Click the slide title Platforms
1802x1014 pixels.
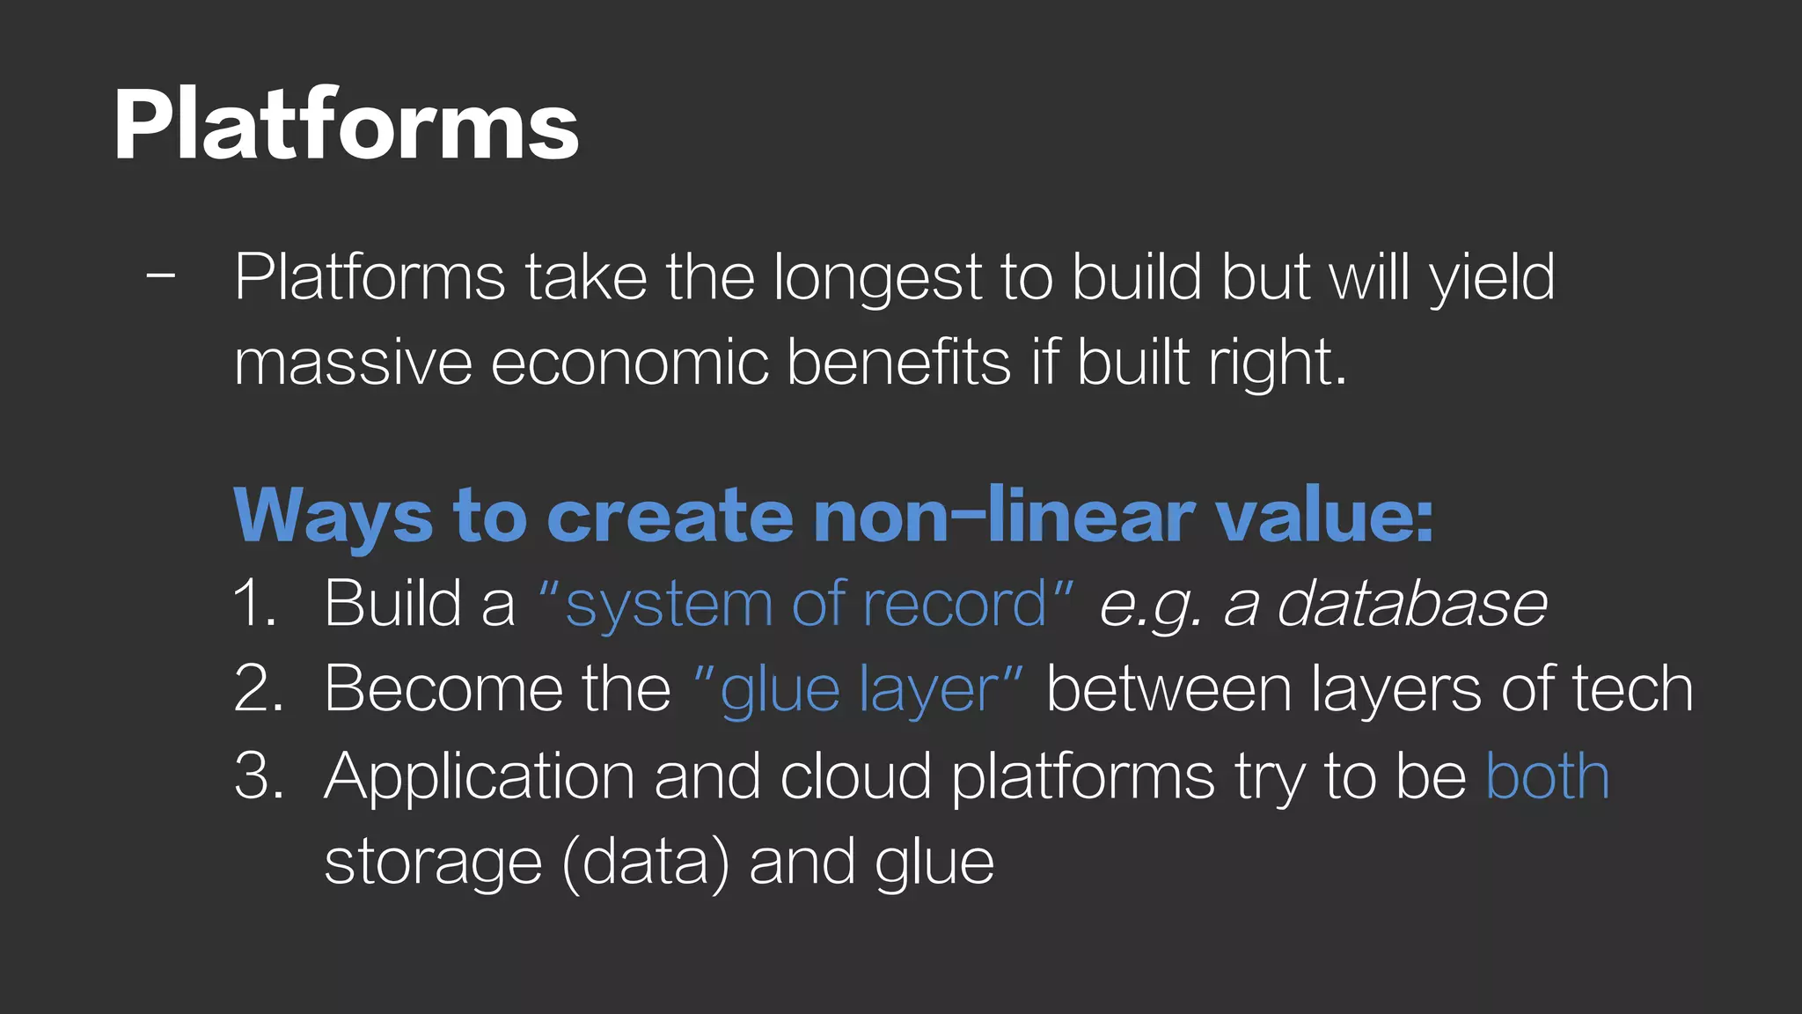pos(346,125)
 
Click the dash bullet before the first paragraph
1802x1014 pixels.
pos(161,276)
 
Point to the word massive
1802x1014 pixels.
pos(353,363)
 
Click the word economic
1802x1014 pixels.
pos(628,363)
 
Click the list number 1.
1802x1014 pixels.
pos(255,604)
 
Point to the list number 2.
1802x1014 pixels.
pos(259,688)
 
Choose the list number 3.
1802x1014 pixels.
pos(259,775)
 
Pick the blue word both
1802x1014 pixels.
pos(1548,775)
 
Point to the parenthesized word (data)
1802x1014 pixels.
pos(646,863)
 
